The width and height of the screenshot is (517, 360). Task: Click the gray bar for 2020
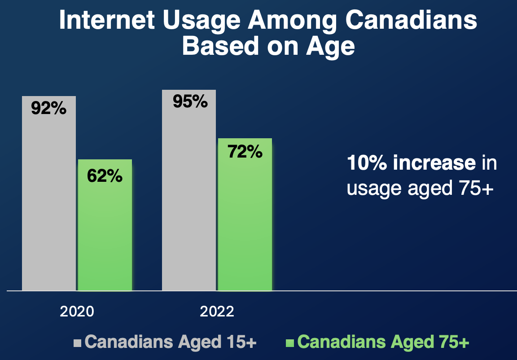click(48, 202)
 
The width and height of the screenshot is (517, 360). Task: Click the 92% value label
click(48, 109)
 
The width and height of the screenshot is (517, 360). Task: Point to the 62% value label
click(105, 176)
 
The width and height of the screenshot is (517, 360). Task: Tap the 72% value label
click(245, 152)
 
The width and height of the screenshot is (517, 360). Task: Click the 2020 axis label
click(77, 312)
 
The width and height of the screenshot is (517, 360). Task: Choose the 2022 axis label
click(217, 312)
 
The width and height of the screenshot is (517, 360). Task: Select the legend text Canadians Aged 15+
click(171, 342)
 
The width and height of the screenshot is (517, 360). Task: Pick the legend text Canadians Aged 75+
click(383, 342)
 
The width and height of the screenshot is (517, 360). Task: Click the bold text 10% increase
click(411, 163)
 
